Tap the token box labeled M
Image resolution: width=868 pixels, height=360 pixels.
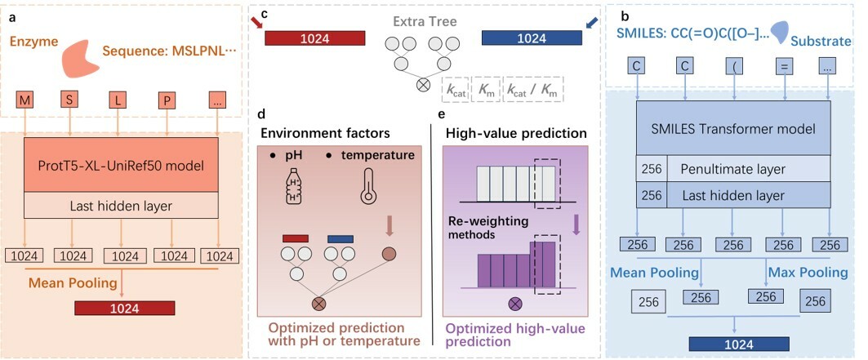pyautogui.click(x=26, y=100)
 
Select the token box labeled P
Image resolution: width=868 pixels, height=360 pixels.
pyautogui.click(x=167, y=100)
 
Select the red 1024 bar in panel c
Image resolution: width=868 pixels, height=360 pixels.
pyautogui.click(x=314, y=38)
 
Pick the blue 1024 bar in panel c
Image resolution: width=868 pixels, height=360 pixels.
pyautogui.click(x=532, y=38)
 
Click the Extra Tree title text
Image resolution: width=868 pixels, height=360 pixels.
pyautogui.click(x=424, y=20)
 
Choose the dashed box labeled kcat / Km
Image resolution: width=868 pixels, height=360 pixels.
pyautogui.click(x=535, y=88)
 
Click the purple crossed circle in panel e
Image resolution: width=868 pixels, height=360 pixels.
pyautogui.click(x=515, y=304)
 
